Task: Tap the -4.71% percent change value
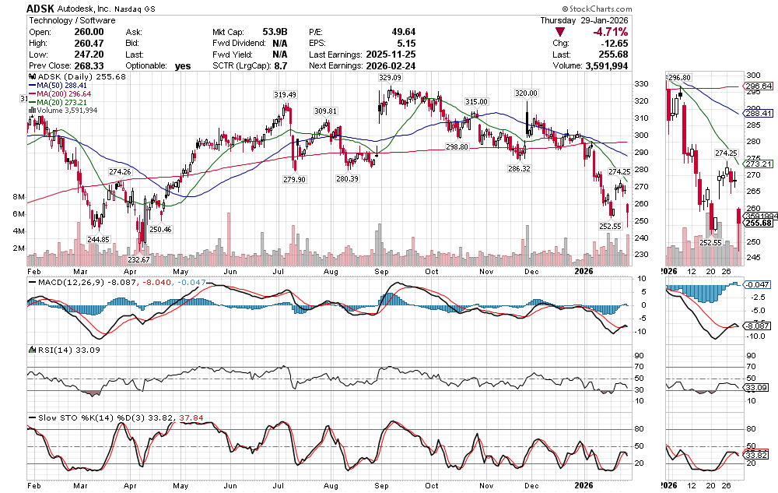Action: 611,32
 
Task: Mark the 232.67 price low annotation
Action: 139,259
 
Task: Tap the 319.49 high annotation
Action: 285,94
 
